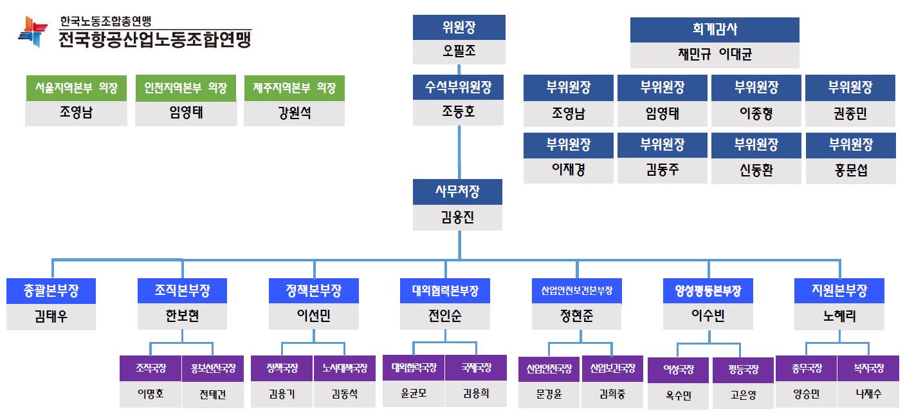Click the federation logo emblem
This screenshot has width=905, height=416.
point(33,30)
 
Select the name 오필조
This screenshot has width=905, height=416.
point(459,52)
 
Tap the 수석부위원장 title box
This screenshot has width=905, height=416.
point(459,87)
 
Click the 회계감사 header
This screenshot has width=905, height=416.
point(714,30)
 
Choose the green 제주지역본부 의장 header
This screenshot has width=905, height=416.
point(294,88)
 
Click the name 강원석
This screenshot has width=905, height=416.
point(294,113)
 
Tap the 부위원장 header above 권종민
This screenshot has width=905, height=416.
point(850,87)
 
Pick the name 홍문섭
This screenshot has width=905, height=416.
point(850,171)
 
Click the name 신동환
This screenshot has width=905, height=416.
point(756,171)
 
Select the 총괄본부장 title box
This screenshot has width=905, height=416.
point(51,291)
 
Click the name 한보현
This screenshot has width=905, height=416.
point(183,316)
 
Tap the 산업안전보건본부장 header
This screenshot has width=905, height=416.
point(577,291)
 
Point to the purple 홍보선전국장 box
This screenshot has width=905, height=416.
point(213,369)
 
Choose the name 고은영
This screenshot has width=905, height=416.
point(743,395)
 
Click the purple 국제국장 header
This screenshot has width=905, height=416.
point(476,368)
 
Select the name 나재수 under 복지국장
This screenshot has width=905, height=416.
point(868,394)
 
